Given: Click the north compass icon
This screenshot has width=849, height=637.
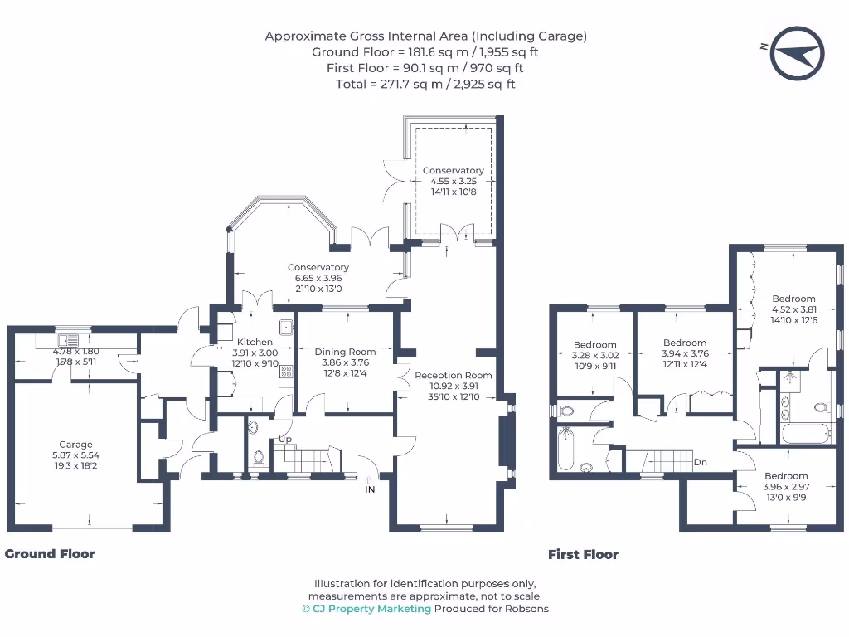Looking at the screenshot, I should (x=797, y=52).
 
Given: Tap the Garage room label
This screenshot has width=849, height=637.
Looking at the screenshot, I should (x=75, y=445).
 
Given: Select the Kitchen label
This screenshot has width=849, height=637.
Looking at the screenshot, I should (x=255, y=342).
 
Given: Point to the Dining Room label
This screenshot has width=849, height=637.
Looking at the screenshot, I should (x=345, y=352).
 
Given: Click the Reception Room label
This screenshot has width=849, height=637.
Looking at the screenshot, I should (x=453, y=375).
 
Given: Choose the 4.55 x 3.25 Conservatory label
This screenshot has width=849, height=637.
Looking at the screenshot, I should (x=453, y=171).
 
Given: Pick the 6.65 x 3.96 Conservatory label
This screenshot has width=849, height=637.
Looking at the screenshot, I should (x=318, y=268).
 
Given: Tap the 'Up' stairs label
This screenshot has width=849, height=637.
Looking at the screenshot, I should (x=285, y=439).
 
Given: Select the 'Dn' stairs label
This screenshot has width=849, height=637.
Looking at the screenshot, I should (x=701, y=463).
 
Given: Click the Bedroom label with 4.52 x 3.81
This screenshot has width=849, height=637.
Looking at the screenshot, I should (x=793, y=299).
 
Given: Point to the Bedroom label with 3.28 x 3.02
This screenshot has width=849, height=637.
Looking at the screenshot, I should (x=594, y=345).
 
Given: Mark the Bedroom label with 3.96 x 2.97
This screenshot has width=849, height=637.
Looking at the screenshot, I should (x=785, y=476).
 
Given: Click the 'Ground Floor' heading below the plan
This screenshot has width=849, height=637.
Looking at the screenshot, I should (x=50, y=554).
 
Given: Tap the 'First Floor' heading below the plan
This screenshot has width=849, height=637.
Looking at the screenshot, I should (x=583, y=555).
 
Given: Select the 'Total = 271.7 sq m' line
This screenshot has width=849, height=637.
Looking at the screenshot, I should (x=425, y=84).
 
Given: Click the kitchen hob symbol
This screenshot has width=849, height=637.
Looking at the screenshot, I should (x=286, y=371).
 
